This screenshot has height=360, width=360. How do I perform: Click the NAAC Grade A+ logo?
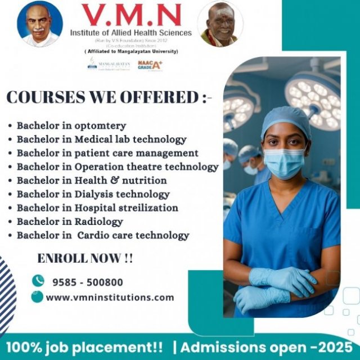tap(150, 65)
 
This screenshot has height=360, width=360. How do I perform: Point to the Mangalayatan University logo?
tap(109, 65)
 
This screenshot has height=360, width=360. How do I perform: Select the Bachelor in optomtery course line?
tap(71, 125)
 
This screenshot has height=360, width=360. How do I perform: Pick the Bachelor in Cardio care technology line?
tap(103, 235)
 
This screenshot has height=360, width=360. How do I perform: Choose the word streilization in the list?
tap(148, 208)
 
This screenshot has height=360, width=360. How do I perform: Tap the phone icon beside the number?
tap(38, 281)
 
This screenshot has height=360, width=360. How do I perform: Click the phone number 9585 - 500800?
tap(87, 282)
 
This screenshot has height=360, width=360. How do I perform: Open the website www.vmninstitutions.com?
tap(110, 297)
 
